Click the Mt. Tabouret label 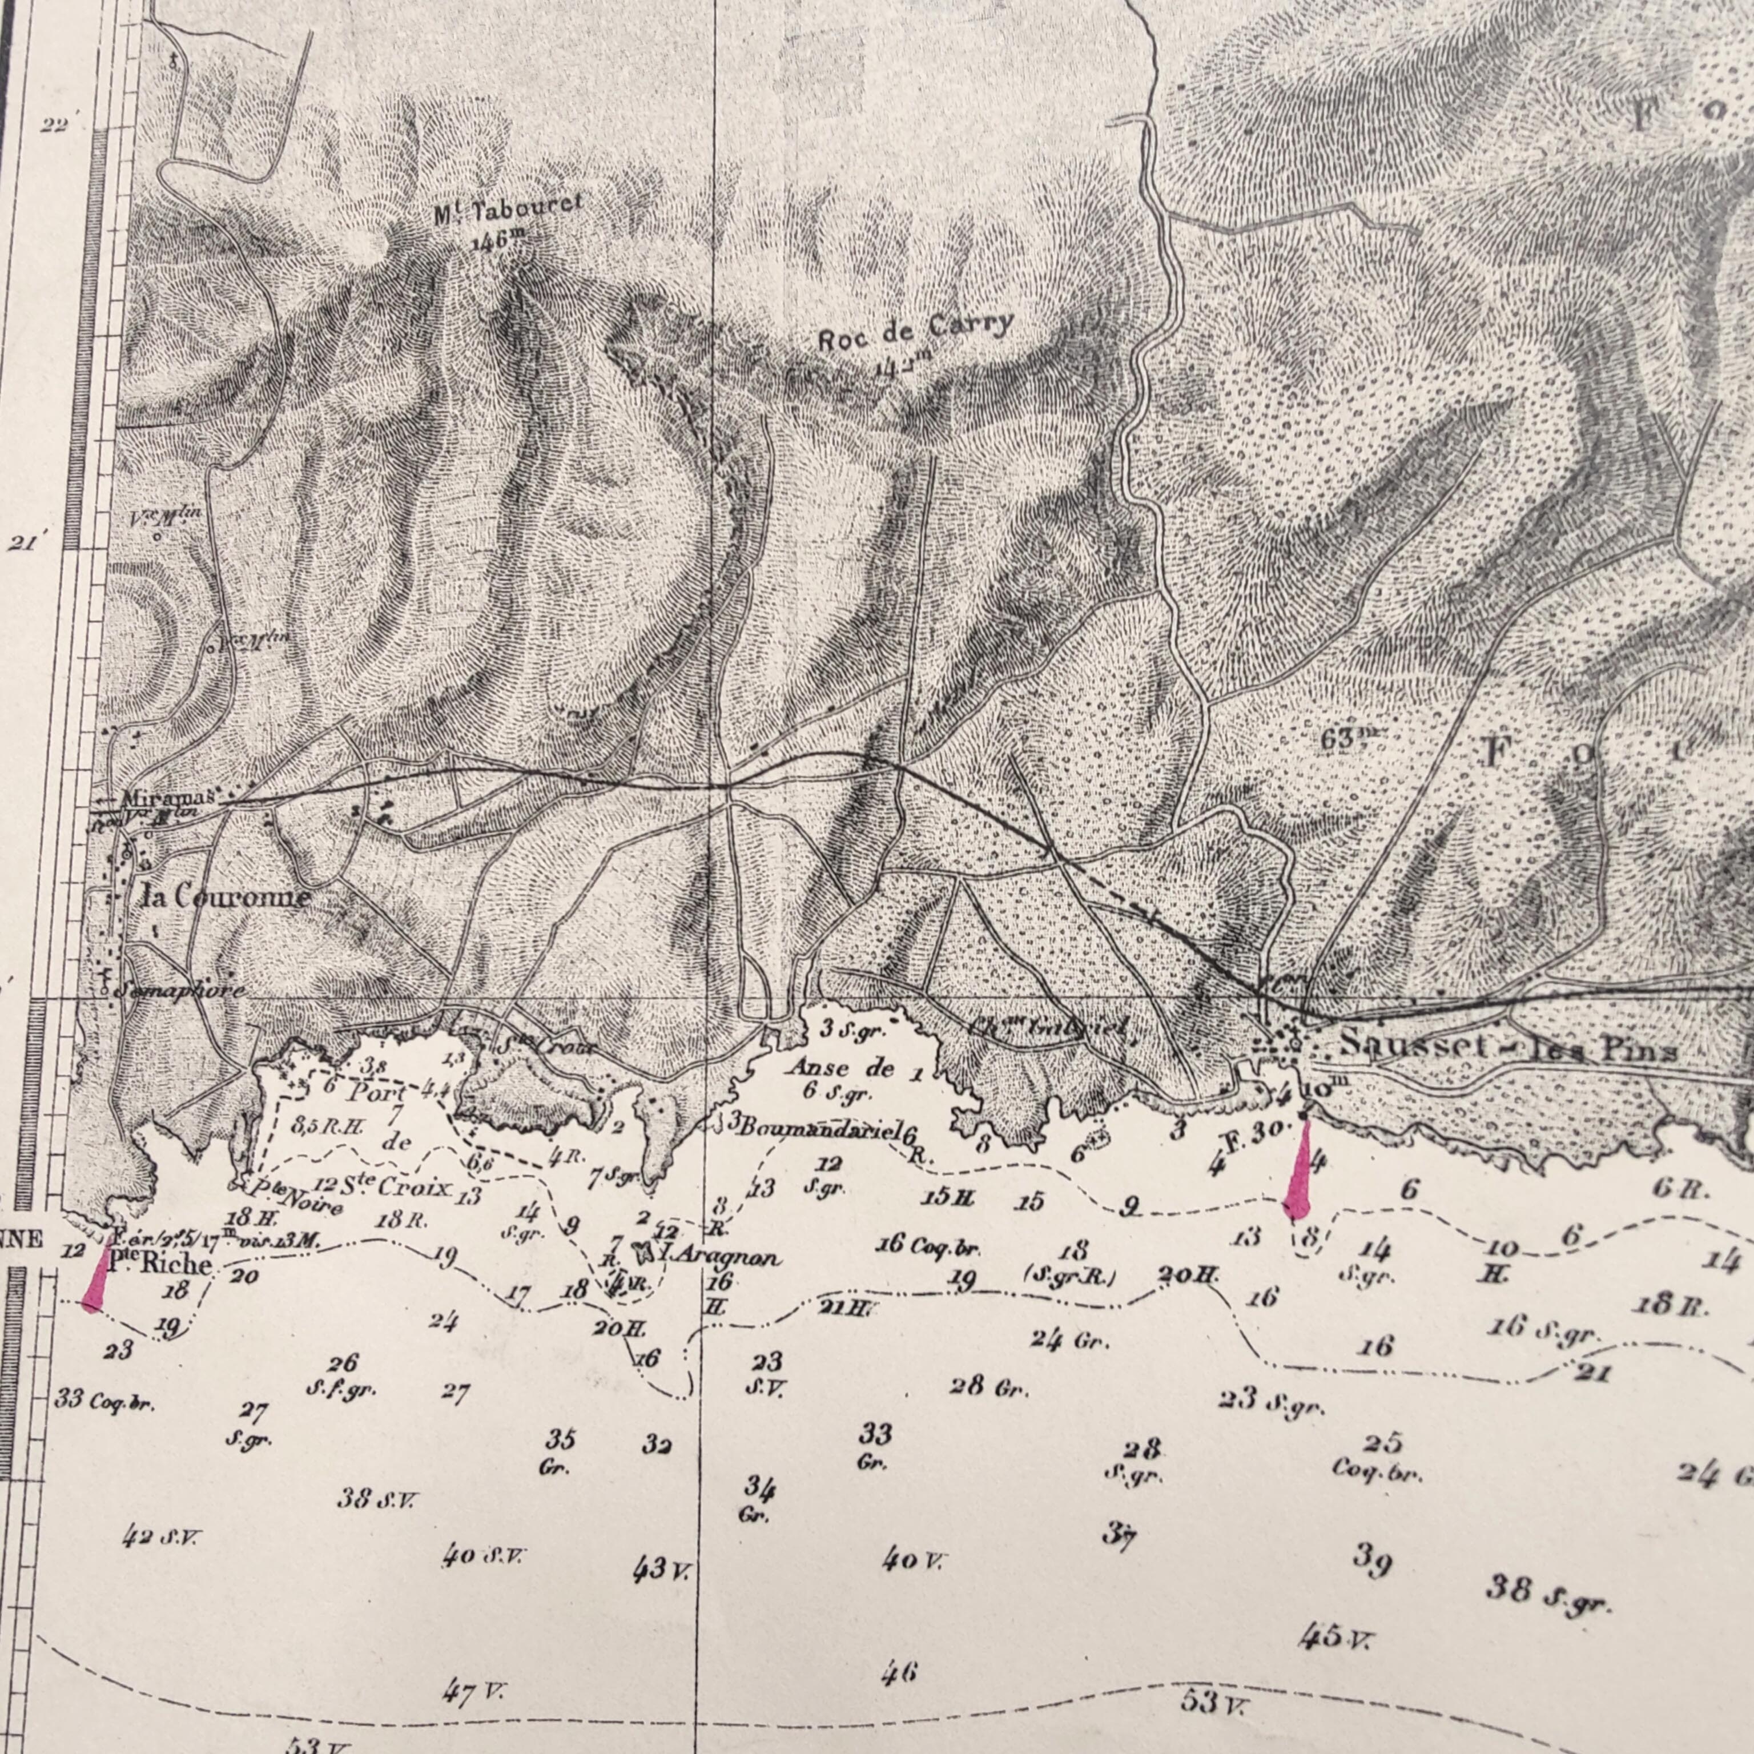[508, 210]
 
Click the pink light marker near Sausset [1300, 1170]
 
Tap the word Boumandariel [817, 1128]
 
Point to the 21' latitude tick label [23, 544]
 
